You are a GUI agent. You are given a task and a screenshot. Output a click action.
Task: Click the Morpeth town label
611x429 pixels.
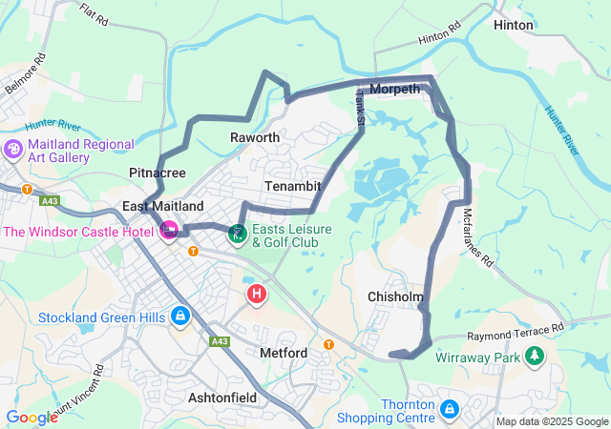[394, 89]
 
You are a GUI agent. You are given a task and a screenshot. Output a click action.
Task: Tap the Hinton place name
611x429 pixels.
[514, 26]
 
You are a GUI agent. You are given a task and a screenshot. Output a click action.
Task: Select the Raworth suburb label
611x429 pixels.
[255, 138]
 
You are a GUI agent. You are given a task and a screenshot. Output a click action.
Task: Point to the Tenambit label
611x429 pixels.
[292, 185]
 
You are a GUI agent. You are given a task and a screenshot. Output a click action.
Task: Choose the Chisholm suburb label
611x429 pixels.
[395, 297]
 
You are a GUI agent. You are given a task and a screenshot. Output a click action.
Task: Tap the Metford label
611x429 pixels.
[284, 353]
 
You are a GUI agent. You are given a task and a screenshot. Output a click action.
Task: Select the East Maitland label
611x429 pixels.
[163, 206]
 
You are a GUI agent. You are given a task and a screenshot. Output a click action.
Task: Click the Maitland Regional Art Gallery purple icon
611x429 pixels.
[13, 150]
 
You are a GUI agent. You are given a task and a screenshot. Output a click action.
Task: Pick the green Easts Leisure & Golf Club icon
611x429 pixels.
[237, 233]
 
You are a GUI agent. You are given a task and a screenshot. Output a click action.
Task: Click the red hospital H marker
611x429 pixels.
[257, 294]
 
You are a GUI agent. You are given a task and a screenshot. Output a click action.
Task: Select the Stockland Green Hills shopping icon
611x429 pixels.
[179, 316]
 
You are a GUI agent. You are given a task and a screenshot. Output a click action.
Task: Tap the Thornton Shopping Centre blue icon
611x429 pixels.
[449, 410]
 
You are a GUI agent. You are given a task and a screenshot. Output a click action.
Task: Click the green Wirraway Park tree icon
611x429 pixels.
[535, 357]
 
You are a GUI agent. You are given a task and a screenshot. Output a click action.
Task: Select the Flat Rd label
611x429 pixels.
[94, 15]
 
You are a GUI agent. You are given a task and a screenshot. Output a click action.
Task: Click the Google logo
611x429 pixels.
[32, 417]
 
